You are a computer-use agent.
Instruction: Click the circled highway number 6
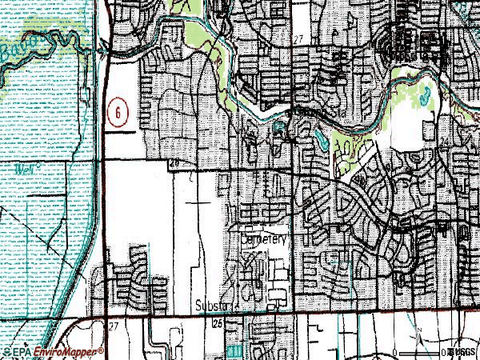tap(117, 114)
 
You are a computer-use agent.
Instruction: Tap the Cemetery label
tap(262, 239)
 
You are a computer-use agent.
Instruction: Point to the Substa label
tap(214, 306)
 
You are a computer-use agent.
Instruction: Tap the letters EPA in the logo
tap(22, 351)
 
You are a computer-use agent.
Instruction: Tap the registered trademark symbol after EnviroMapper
tap(102, 349)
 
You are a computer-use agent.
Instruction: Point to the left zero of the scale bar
tap(405, 351)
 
